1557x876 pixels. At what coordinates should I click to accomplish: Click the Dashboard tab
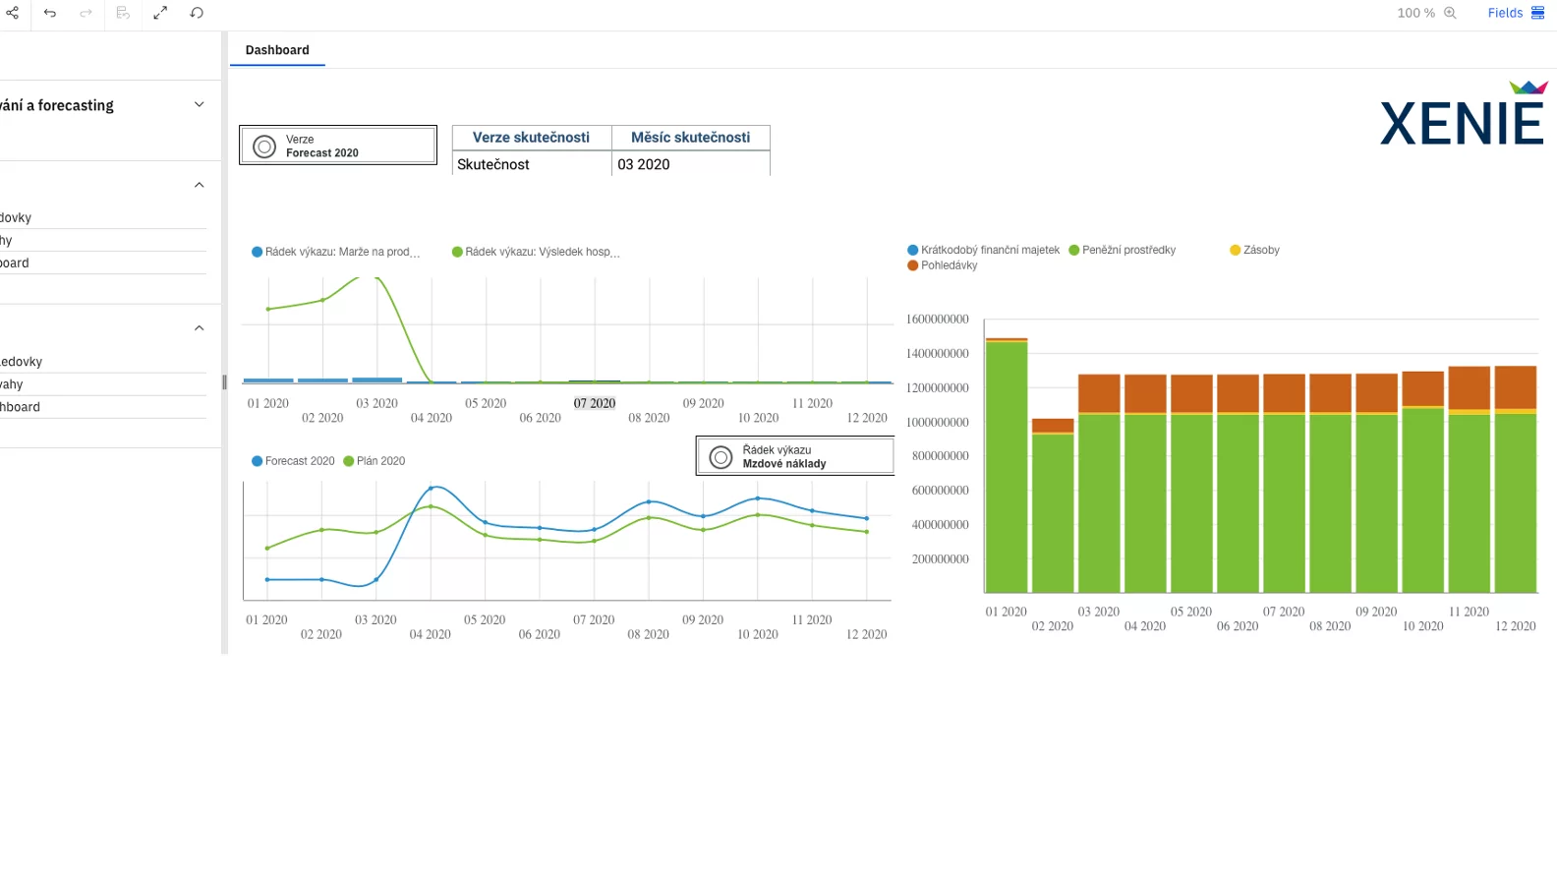(277, 50)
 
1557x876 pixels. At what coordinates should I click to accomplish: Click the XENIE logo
(1462, 116)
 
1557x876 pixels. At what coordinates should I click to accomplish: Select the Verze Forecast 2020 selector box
(338, 146)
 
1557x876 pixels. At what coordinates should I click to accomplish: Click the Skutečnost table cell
(531, 164)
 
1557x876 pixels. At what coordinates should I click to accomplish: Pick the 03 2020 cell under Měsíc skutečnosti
(689, 164)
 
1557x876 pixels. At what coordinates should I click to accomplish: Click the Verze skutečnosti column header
(531, 138)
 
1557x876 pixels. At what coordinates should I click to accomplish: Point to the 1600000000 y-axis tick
(937, 320)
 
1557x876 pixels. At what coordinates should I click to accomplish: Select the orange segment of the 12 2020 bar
(1515, 386)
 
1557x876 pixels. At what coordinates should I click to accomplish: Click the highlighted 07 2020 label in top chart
(595, 403)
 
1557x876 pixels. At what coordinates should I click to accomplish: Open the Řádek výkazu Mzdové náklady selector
(794, 456)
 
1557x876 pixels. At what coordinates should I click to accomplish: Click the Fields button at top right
(1515, 13)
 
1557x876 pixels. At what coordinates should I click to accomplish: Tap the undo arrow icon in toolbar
(50, 13)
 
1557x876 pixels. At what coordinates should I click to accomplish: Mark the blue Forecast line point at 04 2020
(431, 488)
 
